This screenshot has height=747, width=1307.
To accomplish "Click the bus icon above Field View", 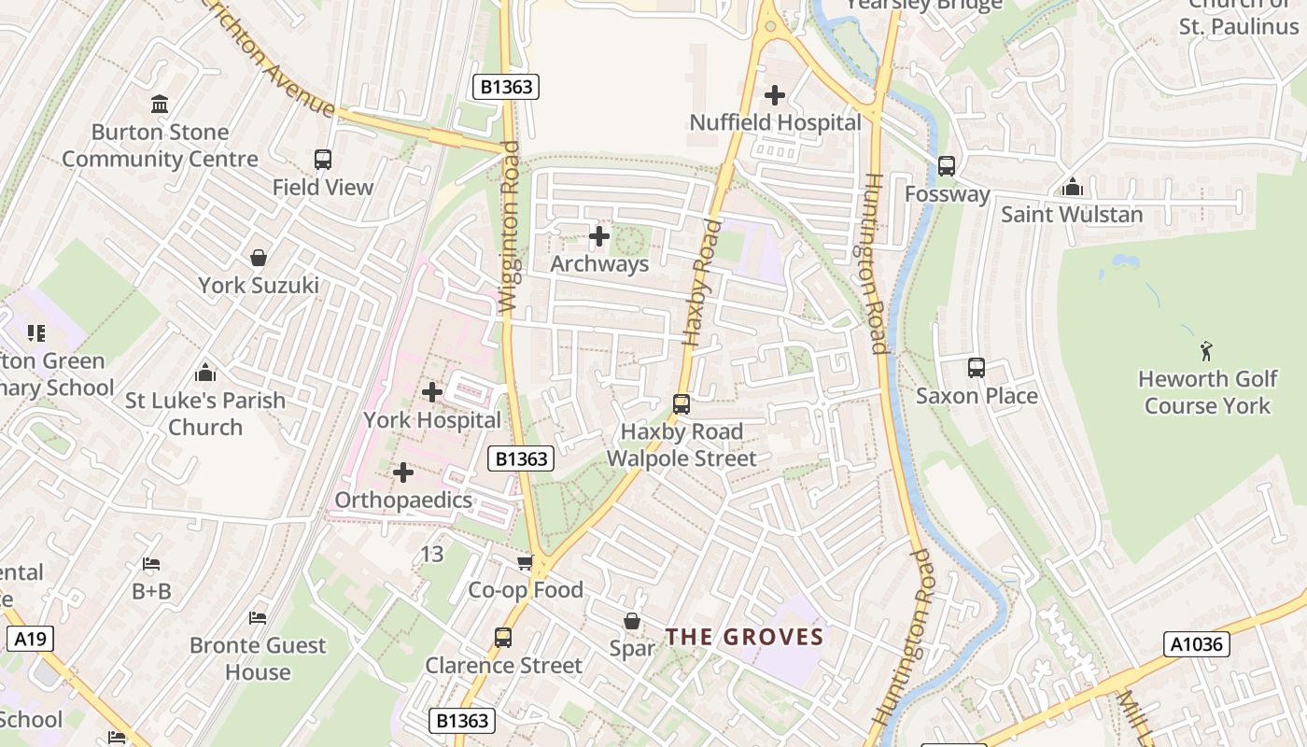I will tap(323, 160).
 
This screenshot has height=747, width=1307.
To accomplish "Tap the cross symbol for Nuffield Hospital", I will tap(775, 95).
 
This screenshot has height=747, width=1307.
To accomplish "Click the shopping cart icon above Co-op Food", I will tap(526, 562).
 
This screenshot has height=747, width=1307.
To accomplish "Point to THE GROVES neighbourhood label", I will tap(744, 638).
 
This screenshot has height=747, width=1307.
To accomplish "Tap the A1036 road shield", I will tap(1196, 644).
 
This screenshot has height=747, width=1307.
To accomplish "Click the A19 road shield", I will tap(30, 639).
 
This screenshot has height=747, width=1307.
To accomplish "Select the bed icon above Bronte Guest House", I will tap(258, 618).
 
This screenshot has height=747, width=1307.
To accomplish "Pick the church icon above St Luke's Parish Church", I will tap(205, 373).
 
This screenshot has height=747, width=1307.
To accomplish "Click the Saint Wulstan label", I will tap(1072, 215).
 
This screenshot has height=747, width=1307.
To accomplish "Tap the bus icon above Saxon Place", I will tap(977, 368).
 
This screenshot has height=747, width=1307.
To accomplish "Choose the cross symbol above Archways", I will tap(599, 236).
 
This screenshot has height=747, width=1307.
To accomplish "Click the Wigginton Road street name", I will tap(509, 227).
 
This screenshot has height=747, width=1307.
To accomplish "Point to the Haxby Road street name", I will tap(703, 283).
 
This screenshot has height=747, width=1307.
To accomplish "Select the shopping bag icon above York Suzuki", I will tap(259, 258).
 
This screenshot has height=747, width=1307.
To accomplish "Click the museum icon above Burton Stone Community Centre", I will tap(160, 105).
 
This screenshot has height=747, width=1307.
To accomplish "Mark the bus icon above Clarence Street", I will tap(503, 638).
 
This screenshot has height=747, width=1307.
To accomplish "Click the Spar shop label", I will tap(632, 648).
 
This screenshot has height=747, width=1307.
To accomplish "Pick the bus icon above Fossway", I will tap(947, 166).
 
